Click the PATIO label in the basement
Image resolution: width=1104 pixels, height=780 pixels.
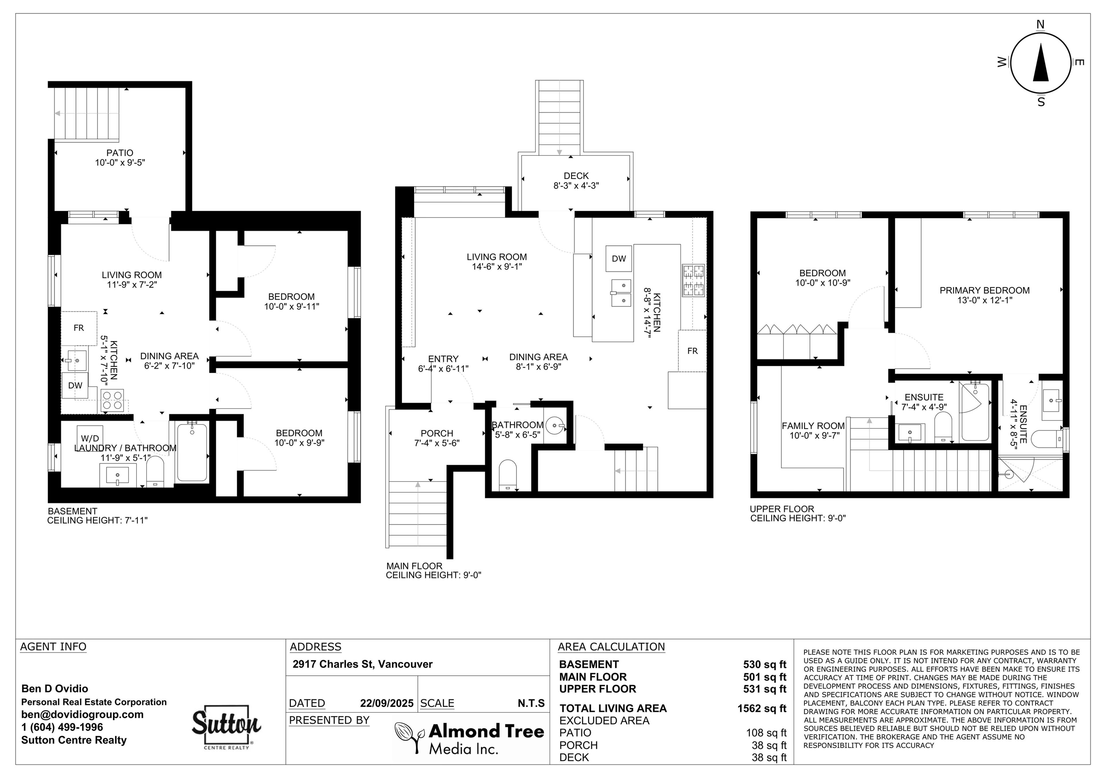click(120, 153)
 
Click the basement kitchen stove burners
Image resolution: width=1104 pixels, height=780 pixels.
click(112, 400)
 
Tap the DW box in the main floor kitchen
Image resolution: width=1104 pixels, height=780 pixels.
click(619, 259)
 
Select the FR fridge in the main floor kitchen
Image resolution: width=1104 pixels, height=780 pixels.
click(692, 351)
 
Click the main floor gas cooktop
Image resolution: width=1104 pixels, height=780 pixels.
click(693, 280)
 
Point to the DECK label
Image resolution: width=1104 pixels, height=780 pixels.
click(576, 176)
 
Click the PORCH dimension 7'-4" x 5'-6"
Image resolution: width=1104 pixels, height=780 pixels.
click(437, 443)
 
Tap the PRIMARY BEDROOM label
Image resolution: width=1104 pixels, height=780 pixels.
click(985, 290)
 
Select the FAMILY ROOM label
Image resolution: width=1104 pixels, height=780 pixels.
click(813, 426)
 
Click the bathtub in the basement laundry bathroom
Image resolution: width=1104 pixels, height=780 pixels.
click(192, 452)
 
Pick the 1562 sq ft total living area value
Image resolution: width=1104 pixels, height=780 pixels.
click(762, 708)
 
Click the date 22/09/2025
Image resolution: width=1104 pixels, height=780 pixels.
click(387, 703)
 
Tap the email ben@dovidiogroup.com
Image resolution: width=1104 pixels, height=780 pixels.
click(82, 714)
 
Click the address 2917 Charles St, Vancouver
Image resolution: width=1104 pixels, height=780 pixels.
click(363, 664)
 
